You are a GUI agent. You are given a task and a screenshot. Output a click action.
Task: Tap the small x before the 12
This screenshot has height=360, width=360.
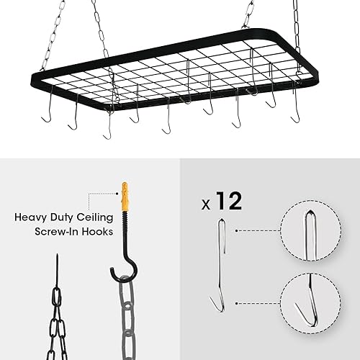206,204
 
